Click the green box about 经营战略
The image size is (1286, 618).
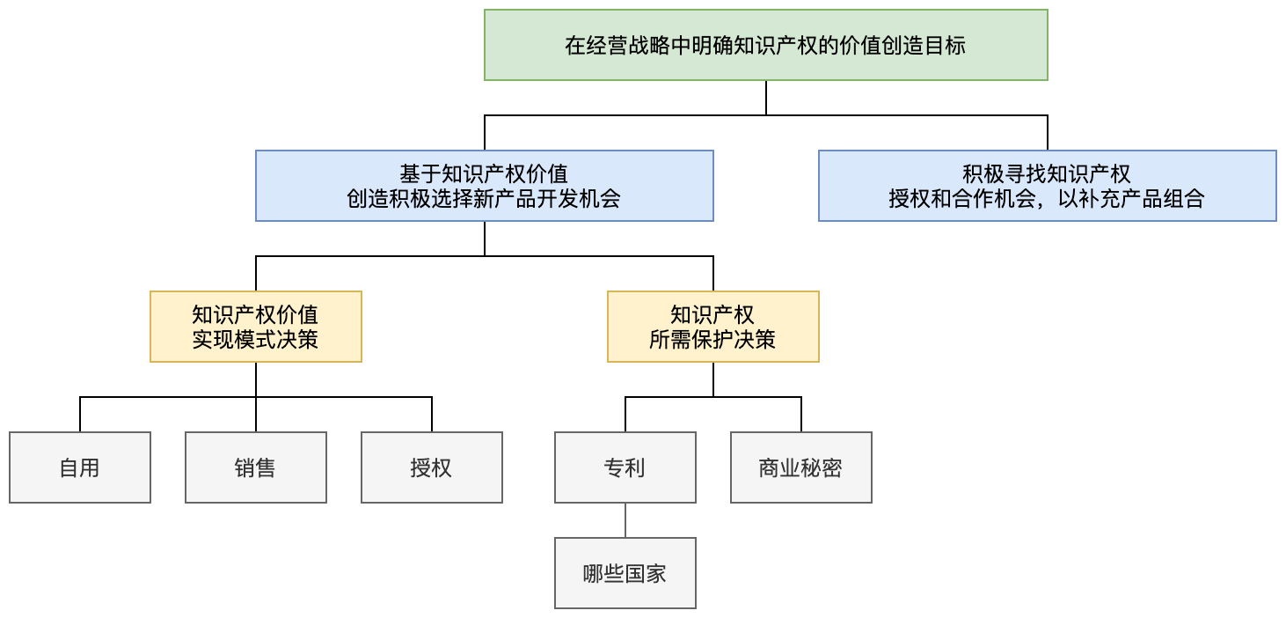[765, 45]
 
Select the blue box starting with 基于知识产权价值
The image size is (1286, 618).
[484, 185]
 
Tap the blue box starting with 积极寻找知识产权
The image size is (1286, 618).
[1047, 185]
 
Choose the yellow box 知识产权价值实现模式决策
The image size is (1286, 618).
[255, 326]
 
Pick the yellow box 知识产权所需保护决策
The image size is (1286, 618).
[712, 326]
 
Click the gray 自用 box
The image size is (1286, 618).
[79, 467]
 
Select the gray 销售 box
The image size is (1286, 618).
[255, 467]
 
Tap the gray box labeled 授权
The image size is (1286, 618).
[431, 467]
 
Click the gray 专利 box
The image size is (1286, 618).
[625, 467]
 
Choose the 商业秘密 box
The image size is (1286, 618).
[800, 467]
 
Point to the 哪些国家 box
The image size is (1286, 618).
[625, 573]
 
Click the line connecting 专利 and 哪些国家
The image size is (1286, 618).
[625, 520]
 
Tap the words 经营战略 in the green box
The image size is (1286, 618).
[617, 46]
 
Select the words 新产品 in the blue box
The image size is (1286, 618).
[493, 198]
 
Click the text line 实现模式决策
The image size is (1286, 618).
[255, 339]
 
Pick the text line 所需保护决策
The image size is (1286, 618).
[712, 339]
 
